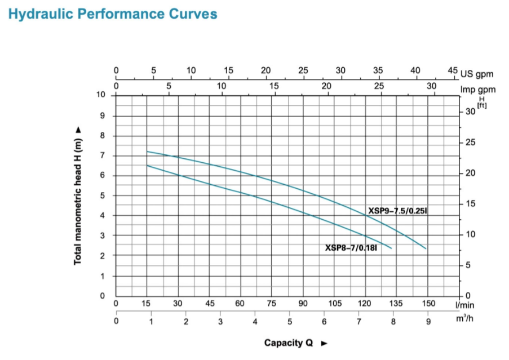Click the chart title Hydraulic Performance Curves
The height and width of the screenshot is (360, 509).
tap(113, 14)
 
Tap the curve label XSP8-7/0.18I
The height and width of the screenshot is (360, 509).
tap(351, 247)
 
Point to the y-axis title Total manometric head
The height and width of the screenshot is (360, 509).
tap(78, 195)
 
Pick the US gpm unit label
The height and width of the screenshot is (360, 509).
tap(478, 74)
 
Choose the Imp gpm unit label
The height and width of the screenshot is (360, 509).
tap(478, 90)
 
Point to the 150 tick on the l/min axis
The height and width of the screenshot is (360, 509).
tap(428, 304)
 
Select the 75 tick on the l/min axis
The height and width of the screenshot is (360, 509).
tap(271, 304)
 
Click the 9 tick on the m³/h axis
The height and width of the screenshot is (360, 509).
tap(428, 322)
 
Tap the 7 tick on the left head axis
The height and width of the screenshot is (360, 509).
tap(102, 155)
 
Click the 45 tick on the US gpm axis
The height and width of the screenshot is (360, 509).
tap(453, 70)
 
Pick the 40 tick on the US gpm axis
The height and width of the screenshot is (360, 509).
tap(415, 70)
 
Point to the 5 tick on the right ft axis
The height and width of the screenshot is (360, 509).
tap(467, 265)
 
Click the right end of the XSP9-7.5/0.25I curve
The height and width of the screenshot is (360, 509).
tap(426, 248)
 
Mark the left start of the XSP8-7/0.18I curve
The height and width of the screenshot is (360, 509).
tap(147, 165)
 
